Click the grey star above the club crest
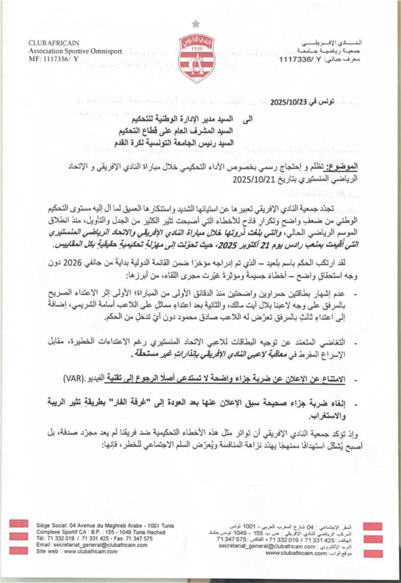(x=196, y=24)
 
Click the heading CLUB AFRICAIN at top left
(x=54, y=43)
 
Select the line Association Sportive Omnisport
(x=68, y=51)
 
